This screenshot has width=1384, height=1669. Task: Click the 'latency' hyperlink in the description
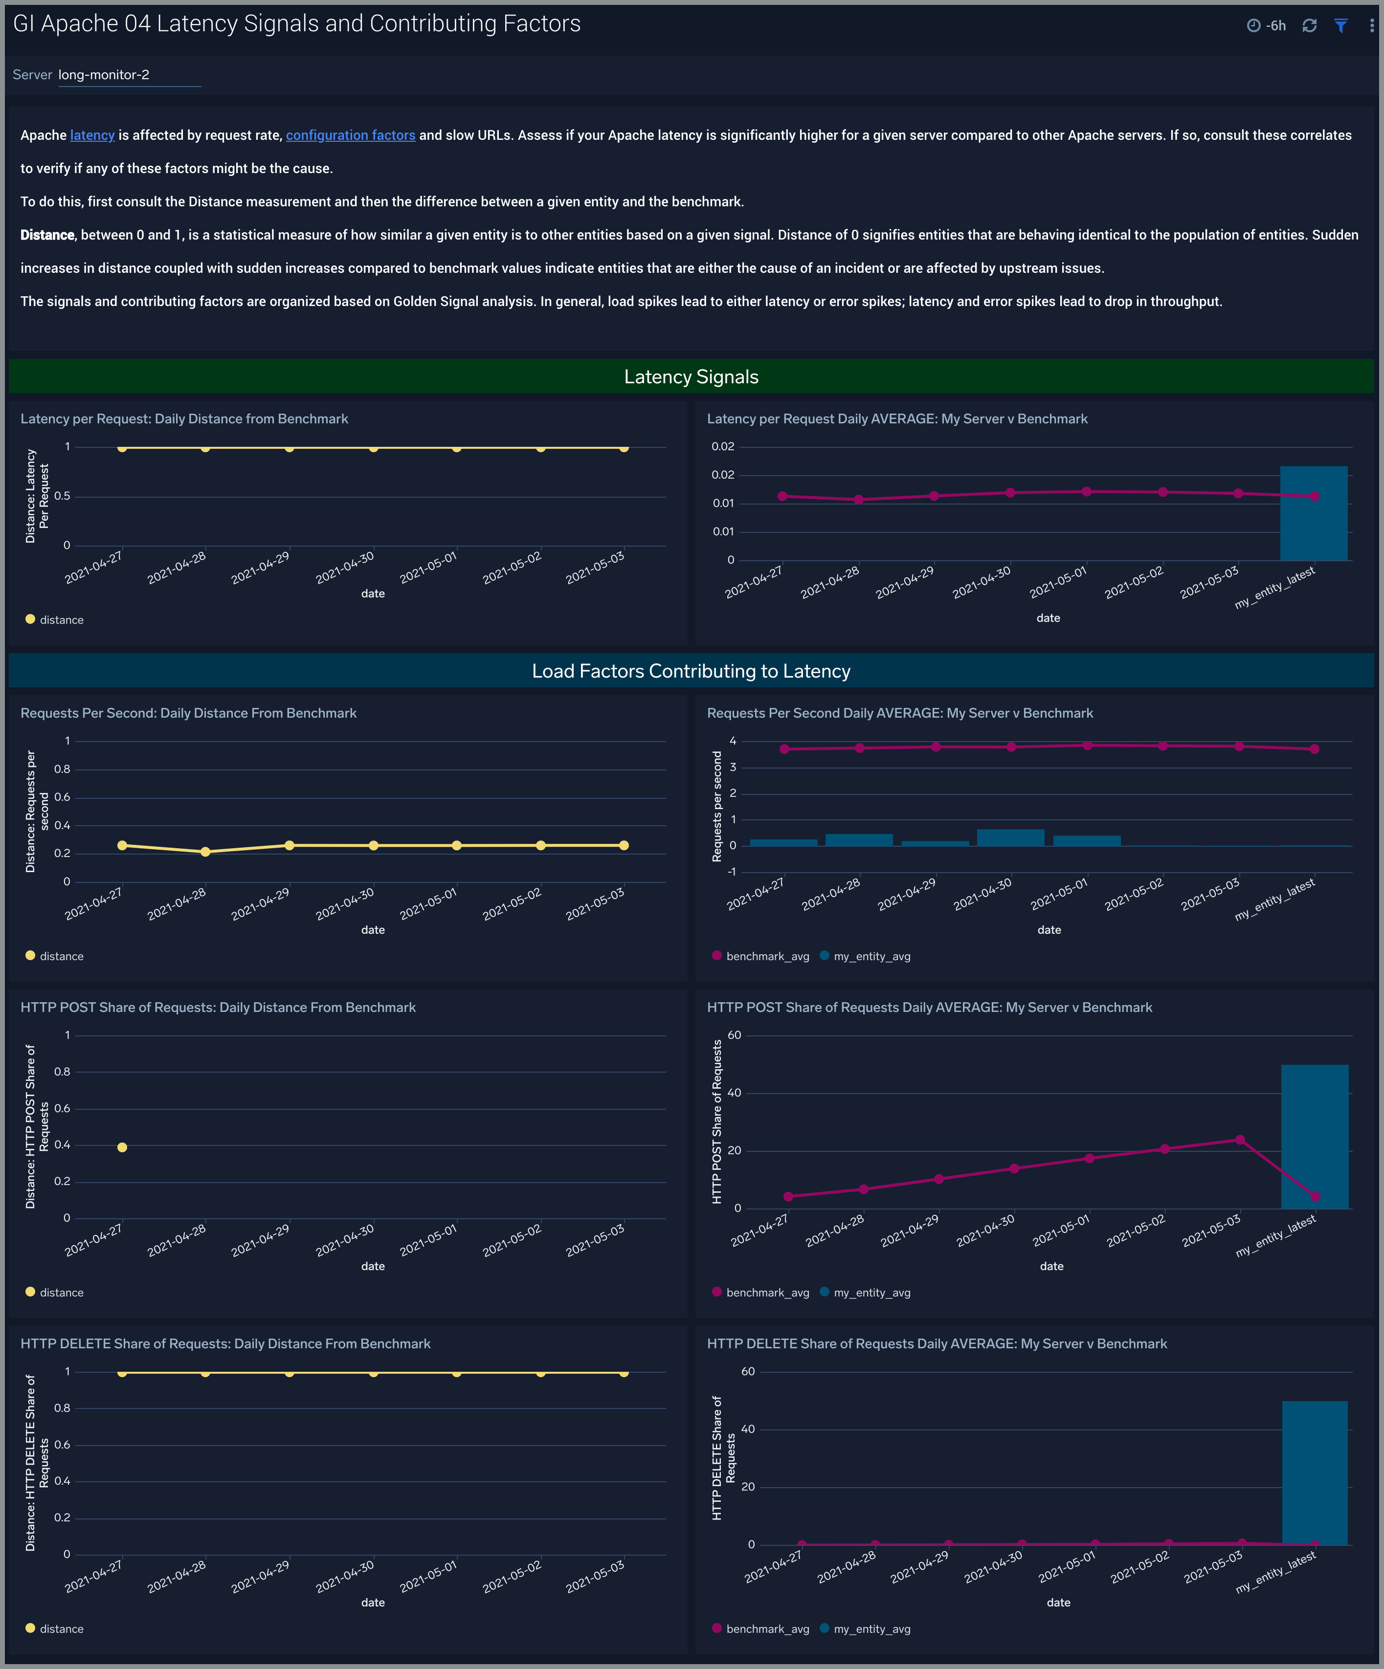pos(92,135)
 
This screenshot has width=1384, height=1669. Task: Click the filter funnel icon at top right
pos(1340,25)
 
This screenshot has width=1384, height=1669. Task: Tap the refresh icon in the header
pos(1309,25)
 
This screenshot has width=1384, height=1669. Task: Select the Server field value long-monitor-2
pos(104,75)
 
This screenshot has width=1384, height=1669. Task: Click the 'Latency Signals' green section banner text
pos(691,377)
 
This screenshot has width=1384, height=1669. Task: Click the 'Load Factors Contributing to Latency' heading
pos(691,671)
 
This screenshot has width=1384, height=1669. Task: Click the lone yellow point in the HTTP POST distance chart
pos(122,1147)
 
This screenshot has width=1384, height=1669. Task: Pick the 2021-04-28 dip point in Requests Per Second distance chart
pos(205,851)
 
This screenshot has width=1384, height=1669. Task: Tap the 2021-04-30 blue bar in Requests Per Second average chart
pos(1010,837)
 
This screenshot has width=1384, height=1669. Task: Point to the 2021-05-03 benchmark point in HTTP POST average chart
pos(1239,1140)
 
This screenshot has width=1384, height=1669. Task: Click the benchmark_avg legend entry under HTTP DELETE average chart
pos(767,1628)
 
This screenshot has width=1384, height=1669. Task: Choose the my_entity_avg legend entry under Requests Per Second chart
pos(871,956)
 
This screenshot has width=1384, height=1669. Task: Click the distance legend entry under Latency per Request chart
pos(61,620)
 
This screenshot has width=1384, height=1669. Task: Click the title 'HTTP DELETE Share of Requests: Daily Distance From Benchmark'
pos(225,1343)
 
